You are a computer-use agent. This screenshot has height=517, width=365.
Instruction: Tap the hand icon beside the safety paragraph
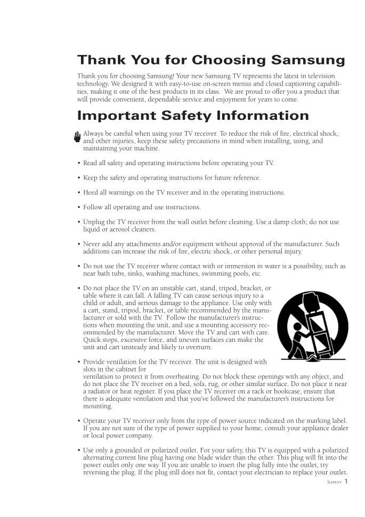coord(77,137)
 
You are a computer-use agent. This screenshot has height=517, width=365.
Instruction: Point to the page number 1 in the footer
coord(346,481)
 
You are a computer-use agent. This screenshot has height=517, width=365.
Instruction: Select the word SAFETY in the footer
coord(334,482)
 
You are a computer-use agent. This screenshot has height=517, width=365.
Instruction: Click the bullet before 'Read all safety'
coord(79,163)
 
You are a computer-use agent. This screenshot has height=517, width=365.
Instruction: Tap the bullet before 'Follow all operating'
coord(79,208)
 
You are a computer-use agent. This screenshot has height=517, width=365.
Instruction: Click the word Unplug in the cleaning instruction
coord(94,222)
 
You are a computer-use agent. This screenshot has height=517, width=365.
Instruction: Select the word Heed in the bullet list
coord(91,193)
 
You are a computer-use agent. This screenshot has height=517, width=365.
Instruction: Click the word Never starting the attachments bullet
coord(92,244)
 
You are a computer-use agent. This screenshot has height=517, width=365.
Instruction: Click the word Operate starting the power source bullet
coord(96,421)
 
